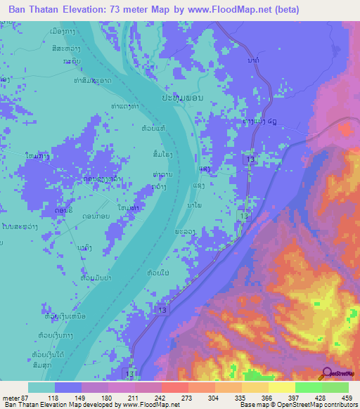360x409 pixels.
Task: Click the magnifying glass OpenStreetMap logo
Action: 328,374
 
